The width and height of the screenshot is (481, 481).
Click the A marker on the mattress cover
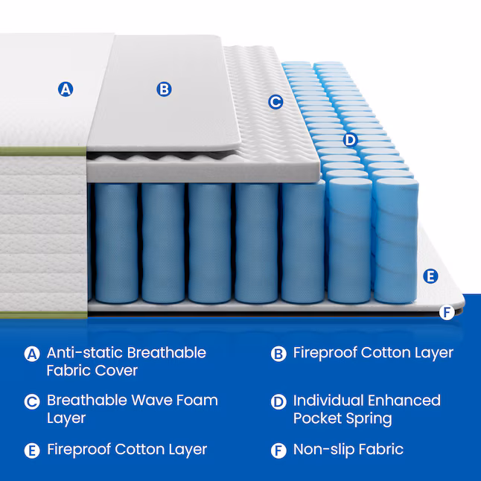[66, 89]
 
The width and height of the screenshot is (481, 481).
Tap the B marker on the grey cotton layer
[164, 89]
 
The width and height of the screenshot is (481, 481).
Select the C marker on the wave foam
[275, 102]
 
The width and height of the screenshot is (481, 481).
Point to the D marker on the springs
[350, 140]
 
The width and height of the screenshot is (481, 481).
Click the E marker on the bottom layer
[430, 276]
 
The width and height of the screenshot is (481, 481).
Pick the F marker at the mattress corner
[447, 313]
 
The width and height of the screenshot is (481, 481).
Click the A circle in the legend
[32, 354]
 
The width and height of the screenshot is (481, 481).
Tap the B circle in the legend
[278, 354]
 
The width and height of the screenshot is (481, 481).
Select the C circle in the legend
[32, 402]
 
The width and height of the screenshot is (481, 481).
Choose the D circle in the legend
[278, 402]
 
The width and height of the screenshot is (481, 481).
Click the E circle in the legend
[32, 451]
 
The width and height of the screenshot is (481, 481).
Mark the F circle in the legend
[278, 451]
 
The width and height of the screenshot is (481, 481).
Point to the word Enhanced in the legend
[404, 401]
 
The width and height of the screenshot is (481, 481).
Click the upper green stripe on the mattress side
[43, 151]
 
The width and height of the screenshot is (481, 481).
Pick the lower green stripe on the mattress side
[43, 315]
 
